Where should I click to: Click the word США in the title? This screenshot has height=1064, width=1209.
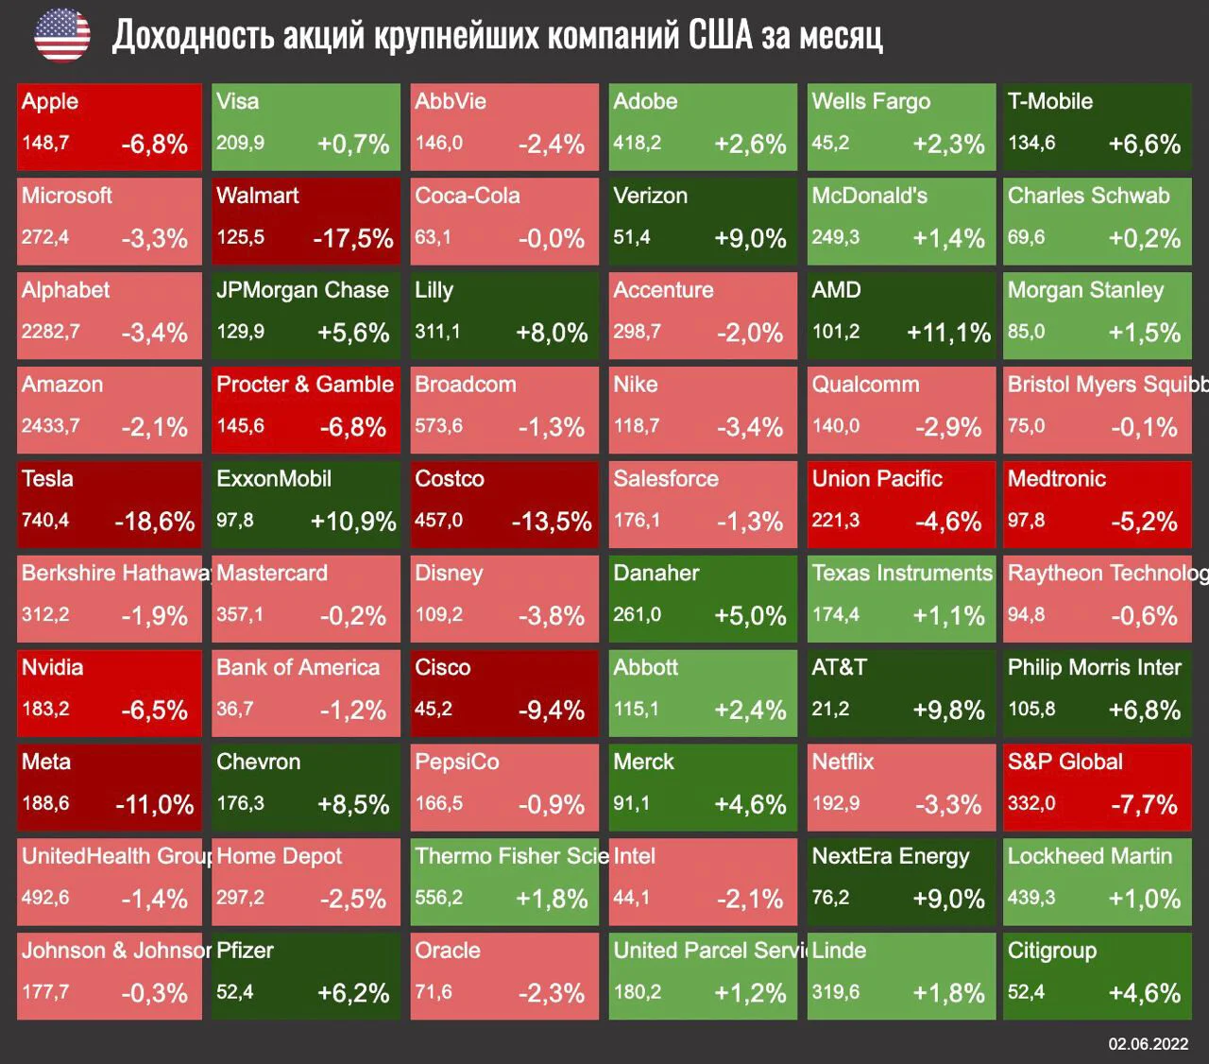[720, 35]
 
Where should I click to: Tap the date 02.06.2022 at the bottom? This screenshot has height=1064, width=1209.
[1149, 1044]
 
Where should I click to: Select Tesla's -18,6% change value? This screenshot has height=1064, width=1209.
[155, 522]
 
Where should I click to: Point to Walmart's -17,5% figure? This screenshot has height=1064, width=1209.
[353, 239]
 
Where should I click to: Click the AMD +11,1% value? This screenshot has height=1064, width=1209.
[949, 334]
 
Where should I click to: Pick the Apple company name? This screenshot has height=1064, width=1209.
[50, 102]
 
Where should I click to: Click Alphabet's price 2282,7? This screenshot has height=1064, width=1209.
[51, 332]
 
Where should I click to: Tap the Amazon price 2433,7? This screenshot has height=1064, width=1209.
[51, 426]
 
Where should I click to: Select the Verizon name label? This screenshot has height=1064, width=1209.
[651, 196]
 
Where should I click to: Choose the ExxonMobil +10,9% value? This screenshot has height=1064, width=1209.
[353, 522]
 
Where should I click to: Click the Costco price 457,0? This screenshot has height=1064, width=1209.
[438, 520]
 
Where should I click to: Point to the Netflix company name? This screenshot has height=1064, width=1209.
[843, 762]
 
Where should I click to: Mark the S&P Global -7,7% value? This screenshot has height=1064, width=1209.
[1144, 805]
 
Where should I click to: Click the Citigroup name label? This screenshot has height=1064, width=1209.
[1052, 952]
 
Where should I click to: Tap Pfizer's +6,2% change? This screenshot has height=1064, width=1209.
[353, 993]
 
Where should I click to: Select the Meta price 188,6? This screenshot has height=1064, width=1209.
[45, 803]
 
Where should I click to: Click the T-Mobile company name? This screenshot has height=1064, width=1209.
[1050, 101]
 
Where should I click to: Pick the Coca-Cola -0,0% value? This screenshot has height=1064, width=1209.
[552, 239]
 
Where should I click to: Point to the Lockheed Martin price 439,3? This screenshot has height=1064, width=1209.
[1031, 898]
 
